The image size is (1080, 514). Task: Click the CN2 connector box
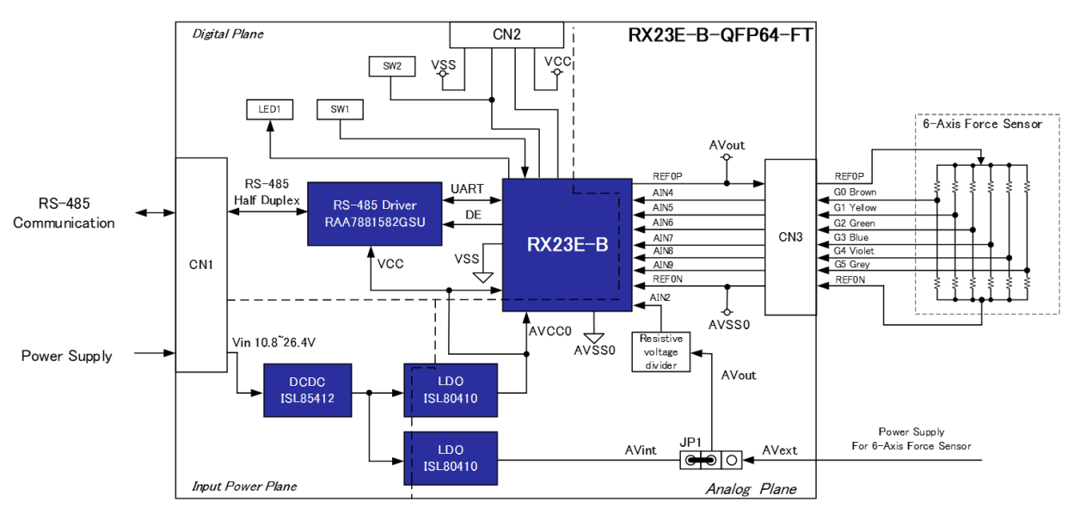506,35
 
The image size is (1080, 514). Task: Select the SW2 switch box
391,65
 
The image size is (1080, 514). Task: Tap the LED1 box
269,109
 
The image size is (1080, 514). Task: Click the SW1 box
340,109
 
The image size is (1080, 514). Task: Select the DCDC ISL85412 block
308,390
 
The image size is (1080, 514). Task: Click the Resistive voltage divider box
660,352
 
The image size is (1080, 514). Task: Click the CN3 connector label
791,236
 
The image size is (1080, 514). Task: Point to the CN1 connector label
200,265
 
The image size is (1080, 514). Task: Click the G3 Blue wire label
851,237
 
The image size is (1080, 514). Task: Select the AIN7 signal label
663,237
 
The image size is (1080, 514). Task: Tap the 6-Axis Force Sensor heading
982,124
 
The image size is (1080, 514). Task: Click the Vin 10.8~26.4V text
273,342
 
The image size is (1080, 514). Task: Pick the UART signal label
467,188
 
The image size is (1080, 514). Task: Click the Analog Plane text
751,489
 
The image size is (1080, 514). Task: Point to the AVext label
779,450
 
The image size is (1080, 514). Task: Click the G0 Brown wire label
855,193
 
